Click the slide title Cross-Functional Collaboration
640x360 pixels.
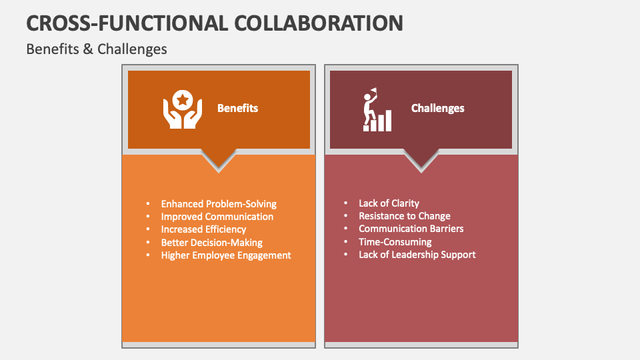tap(215, 22)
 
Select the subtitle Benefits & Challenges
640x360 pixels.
tap(97, 49)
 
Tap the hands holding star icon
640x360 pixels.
tap(182, 109)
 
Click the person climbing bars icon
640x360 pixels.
tap(377, 110)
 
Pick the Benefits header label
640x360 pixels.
tap(237, 108)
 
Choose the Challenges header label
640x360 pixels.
tap(437, 108)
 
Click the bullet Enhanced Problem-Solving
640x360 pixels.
tap(219, 204)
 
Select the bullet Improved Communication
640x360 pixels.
tap(217, 217)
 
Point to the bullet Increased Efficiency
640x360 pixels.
tap(203, 229)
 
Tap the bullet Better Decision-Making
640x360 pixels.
tap(211, 242)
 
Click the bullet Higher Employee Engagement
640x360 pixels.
tap(226, 255)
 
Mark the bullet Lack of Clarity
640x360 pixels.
tap(389, 203)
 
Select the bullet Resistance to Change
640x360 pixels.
tap(405, 216)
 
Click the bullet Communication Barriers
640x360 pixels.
tap(411, 229)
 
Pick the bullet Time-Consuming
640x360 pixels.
tap(395, 241)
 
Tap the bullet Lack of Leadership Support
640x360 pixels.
tap(417, 254)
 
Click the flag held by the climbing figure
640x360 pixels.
tap(374, 91)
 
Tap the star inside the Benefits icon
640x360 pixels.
tap(182, 101)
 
